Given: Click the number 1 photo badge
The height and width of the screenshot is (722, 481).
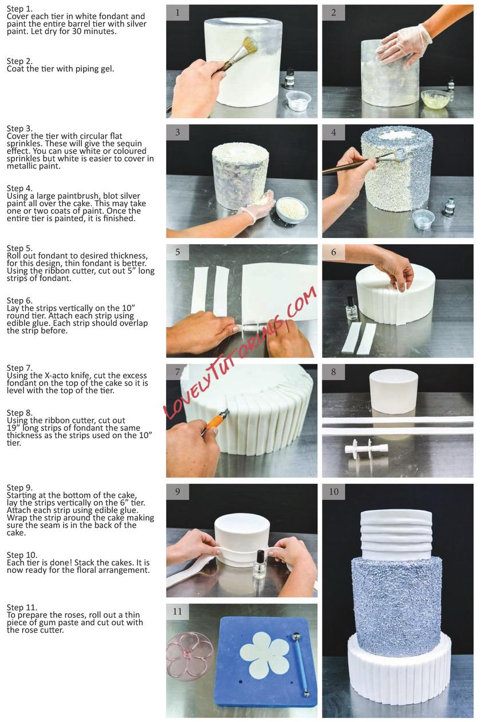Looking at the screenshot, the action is pyautogui.click(x=178, y=13).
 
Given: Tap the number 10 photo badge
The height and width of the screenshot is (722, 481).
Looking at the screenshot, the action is pyautogui.click(x=333, y=492).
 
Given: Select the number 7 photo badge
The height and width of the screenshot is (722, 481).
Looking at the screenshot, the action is pyautogui.click(x=178, y=372).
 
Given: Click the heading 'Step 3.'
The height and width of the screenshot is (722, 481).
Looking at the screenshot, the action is pyautogui.click(x=19, y=128).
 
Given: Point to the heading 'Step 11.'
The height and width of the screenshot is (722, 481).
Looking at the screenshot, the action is pyautogui.click(x=22, y=607).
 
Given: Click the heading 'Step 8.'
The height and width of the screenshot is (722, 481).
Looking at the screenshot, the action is pyautogui.click(x=19, y=413).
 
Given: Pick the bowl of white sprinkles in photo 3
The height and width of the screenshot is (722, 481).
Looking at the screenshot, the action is pyautogui.click(x=292, y=210).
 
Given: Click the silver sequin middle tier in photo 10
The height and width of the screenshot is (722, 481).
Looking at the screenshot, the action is pyautogui.click(x=396, y=606).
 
